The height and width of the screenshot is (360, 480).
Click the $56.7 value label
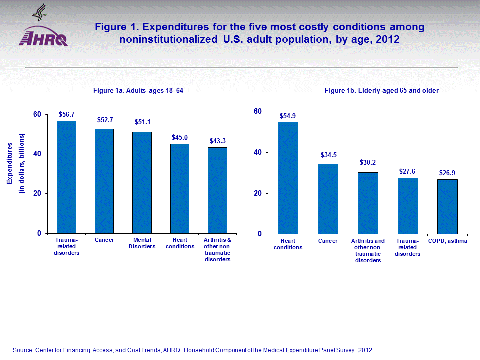(x=66, y=114)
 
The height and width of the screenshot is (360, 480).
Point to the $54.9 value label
(x=288, y=116)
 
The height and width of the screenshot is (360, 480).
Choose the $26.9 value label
(x=447, y=173)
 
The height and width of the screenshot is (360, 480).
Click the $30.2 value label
(x=368, y=163)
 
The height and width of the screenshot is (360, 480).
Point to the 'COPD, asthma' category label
(x=448, y=241)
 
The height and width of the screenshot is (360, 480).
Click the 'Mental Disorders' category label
(x=142, y=243)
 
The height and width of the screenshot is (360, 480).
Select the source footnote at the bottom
(x=192, y=350)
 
